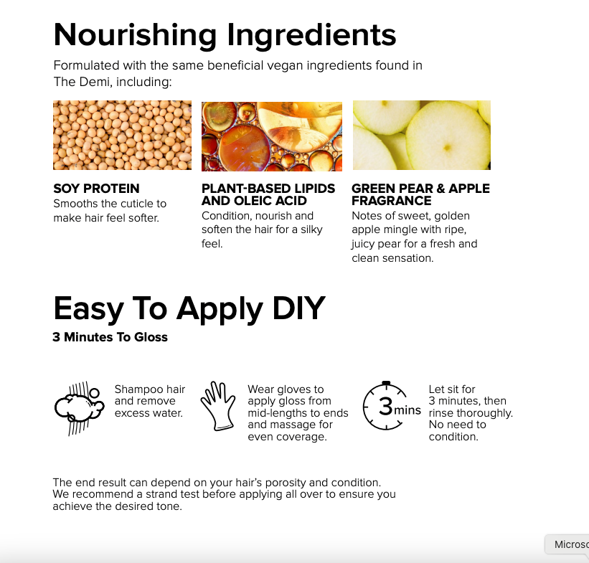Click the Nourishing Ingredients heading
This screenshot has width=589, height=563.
pos(225,36)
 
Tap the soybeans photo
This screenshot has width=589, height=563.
pos(122,136)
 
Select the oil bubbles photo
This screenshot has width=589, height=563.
pos(272,136)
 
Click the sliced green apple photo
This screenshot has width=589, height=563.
pos(421,136)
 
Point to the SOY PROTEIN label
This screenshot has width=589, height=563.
pos(96,188)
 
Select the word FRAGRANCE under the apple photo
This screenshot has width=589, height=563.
pos(392,201)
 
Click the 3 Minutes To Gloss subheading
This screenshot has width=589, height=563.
pos(110,337)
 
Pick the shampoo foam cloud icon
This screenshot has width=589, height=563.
pos(79,408)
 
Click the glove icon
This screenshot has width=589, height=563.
pos(218,406)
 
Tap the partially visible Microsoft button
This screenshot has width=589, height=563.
pos(567,544)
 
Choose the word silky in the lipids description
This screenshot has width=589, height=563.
pos(311,230)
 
